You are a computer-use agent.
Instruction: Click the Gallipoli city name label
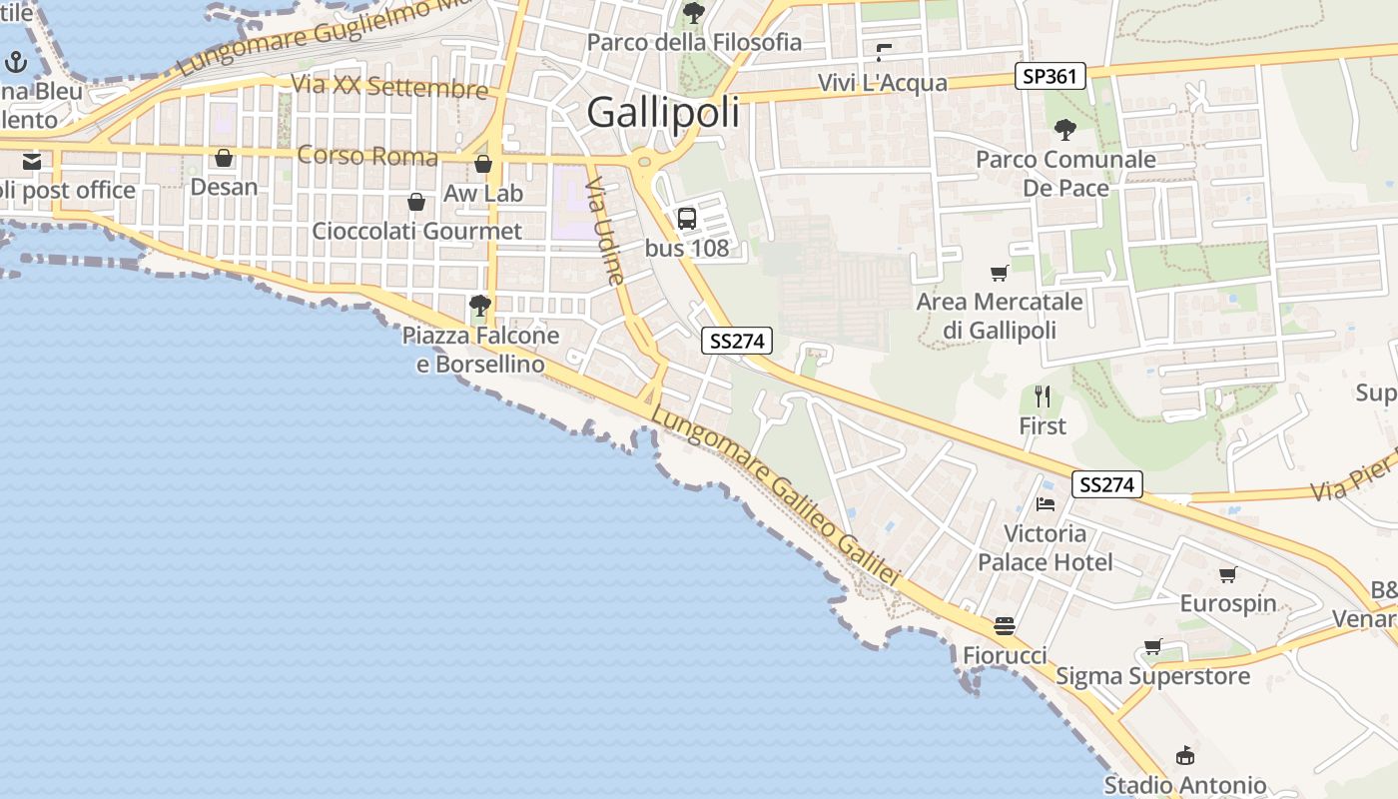(663, 112)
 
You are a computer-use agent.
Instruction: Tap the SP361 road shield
(1050, 76)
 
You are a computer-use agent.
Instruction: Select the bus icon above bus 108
(687, 219)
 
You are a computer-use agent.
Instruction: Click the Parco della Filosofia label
(695, 42)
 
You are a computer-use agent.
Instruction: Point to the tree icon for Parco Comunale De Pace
(1065, 130)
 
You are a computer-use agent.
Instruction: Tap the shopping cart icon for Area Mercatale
(999, 273)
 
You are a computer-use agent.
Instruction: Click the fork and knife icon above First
(1043, 397)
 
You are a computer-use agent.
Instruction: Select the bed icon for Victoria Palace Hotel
(1046, 504)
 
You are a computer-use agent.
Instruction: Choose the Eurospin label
(1228, 603)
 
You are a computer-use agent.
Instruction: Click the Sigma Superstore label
(1152, 676)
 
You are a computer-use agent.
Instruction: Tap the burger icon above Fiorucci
(1005, 626)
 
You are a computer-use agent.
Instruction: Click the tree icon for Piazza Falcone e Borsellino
(480, 305)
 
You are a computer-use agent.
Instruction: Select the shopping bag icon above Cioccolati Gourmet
(416, 203)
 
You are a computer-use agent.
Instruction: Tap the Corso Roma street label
(367, 156)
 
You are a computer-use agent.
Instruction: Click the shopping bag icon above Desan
(224, 159)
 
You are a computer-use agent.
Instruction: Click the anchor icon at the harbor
(15, 63)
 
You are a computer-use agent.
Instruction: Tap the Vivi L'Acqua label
(882, 83)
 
